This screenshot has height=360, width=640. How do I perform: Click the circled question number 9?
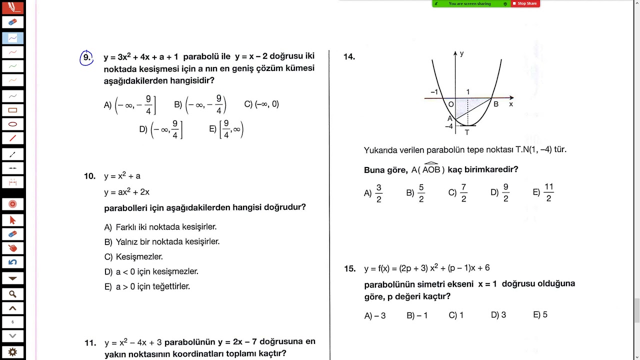pyautogui.click(x=86, y=58)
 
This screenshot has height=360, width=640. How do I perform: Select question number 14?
pyautogui.click(x=349, y=57)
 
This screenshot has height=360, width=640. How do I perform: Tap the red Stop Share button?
pyautogui.click(x=524, y=3)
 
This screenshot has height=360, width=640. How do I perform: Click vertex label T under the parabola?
pyautogui.click(x=467, y=132)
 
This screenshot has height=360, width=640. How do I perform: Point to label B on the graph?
pyautogui.click(x=496, y=104)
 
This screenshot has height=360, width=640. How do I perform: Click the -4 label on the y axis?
pyautogui.click(x=448, y=126)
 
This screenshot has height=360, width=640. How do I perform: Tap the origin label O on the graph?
pyautogui.click(x=450, y=104)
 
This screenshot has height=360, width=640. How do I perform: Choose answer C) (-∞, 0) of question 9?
pyautogui.click(x=261, y=104)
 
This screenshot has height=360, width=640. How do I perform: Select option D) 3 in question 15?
pyautogui.click(x=498, y=315)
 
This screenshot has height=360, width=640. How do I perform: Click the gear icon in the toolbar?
pyautogui.click(x=12, y=352)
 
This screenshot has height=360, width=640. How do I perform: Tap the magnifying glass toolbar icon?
pyautogui.click(x=12, y=294)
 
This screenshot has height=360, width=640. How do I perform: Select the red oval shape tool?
pyautogui.click(x=12, y=124)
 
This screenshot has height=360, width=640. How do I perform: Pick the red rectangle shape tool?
pyautogui.click(x=12, y=110)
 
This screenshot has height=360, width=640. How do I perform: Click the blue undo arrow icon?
pyautogui.click(x=12, y=262)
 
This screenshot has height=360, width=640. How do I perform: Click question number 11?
pyautogui.click(x=90, y=343)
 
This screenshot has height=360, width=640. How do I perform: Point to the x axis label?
pyautogui.click(x=511, y=104)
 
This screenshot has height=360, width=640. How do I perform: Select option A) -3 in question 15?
pyautogui.click(x=375, y=315)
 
